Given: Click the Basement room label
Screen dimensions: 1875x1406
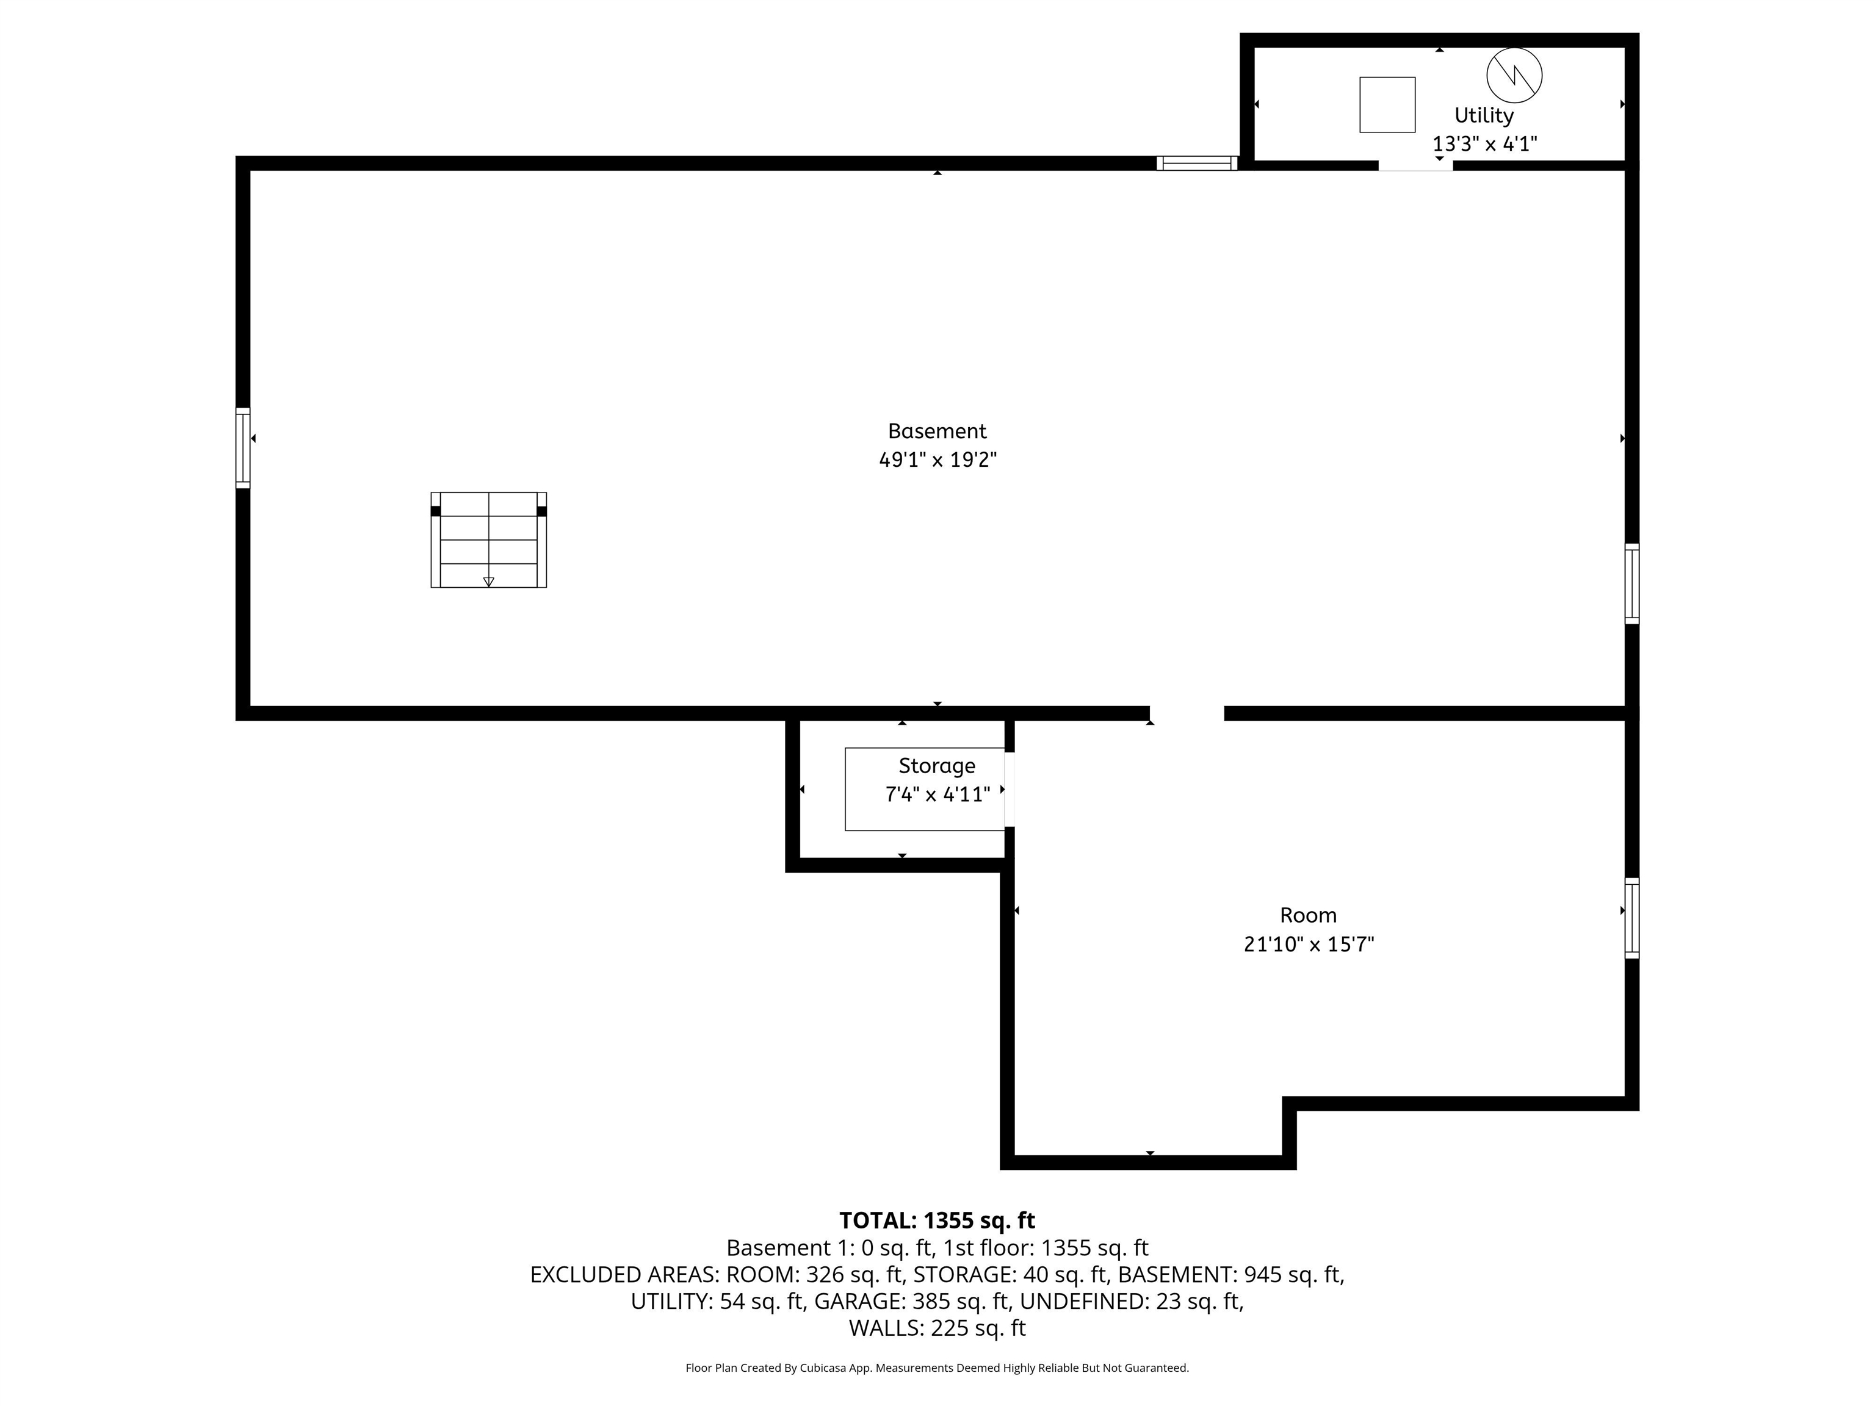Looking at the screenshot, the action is coord(937,431).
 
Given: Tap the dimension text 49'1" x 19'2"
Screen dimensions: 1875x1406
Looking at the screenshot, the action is coord(937,460).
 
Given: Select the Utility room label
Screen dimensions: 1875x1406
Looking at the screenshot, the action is coord(1484,115).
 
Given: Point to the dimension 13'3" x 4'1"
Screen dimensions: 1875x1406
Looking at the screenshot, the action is coord(1484,144).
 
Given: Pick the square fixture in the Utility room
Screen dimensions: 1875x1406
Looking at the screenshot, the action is coord(1387,105).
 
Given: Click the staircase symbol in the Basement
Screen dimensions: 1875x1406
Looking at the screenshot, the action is coord(489,540).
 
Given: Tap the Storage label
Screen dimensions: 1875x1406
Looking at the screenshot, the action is coord(937,766).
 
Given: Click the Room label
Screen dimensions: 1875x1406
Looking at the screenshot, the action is coord(1308,915).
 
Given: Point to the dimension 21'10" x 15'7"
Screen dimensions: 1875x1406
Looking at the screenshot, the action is coord(1309,944).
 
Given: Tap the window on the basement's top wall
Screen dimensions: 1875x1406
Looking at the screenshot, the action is coord(1197,164).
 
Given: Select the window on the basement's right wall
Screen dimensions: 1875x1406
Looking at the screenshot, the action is coord(1631,584).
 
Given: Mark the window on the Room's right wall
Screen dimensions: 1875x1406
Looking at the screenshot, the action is coord(1631,918).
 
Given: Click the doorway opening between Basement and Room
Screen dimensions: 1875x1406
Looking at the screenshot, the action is coord(1187,713).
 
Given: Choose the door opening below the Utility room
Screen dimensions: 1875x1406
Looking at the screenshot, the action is coord(1415,166).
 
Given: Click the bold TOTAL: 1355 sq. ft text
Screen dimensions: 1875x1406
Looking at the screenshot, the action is coord(937,1221).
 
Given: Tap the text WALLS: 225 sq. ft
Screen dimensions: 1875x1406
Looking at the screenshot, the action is coord(937,1328).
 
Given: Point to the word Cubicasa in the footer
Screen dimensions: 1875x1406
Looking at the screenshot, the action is coord(820,1368).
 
